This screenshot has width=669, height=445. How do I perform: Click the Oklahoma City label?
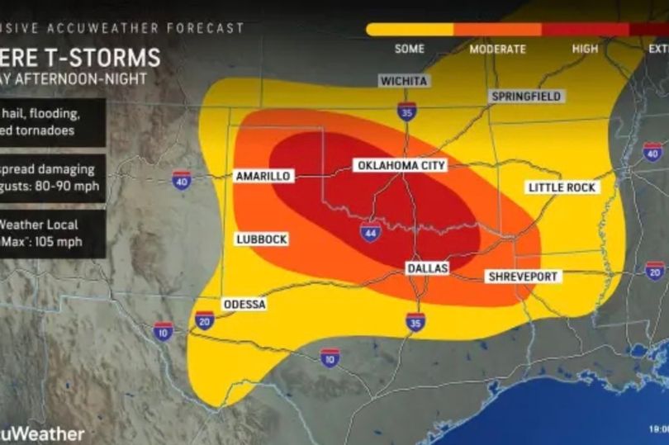click(401, 165)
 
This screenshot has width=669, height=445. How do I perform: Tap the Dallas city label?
click(427, 269)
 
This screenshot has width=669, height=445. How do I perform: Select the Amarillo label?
click(262, 177)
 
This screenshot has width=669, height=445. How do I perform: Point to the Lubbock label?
click(261, 239)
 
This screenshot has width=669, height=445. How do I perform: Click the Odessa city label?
click(244, 305)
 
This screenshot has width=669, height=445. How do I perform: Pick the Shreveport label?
click(522, 277)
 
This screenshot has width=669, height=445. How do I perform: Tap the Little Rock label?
click(562, 187)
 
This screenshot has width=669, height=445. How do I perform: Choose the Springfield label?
click(526, 97)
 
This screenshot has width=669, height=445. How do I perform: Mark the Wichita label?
click(403, 81)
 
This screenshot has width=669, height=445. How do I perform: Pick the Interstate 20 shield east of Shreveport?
click(654, 270)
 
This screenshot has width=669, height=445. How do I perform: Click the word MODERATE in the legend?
click(496, 49)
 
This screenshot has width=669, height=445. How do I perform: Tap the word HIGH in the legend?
click(585, 49)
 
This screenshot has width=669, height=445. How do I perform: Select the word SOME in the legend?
click(409, 49)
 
